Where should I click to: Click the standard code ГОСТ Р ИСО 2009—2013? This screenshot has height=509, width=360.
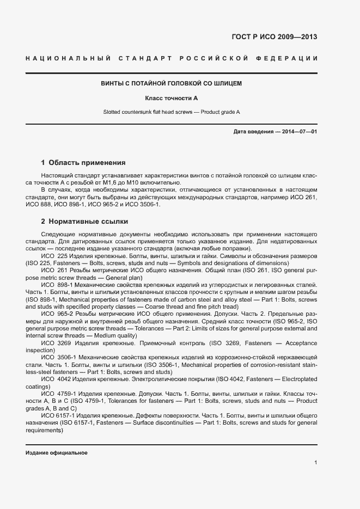(274, 38)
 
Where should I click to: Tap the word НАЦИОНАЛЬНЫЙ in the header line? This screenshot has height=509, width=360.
(69, 58)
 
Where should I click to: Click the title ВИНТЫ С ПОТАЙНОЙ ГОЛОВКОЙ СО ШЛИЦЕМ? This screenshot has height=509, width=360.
(172, 84)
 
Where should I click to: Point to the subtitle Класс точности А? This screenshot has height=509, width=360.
(172, 98)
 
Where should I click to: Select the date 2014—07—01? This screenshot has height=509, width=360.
(298, 132)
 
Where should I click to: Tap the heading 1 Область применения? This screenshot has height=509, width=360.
(83, 162)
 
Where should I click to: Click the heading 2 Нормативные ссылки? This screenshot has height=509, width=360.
(84, 222)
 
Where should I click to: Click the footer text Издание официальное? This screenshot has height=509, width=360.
(57, 453)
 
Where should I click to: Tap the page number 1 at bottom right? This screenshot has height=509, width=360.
(316, 463)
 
